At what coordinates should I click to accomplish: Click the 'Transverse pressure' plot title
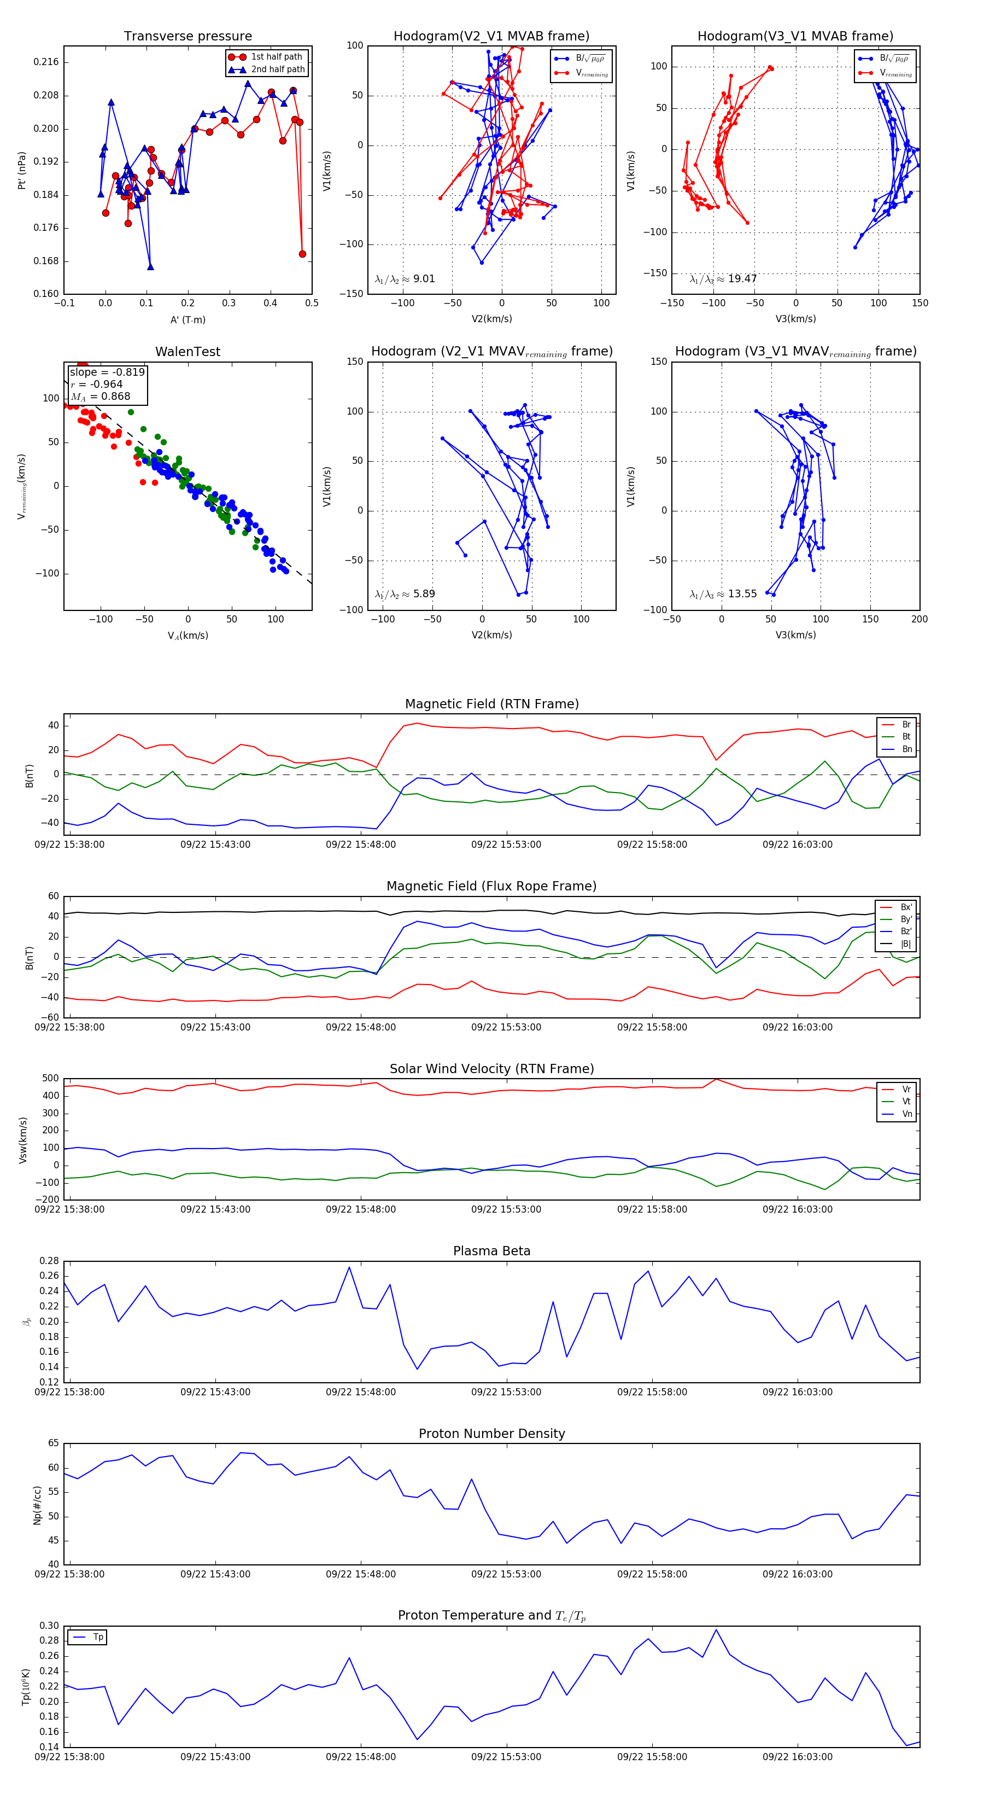click(188, 37)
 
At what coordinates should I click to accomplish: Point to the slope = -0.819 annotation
click(107, 372)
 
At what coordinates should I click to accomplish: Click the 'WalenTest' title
click(188, 352)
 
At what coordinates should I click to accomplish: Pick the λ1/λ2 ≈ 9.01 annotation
click(405, 279)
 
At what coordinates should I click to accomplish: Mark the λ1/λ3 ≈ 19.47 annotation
click(723, 279)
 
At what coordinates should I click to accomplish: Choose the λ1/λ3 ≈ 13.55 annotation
click(723, 594)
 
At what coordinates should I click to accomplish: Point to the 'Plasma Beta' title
click(491, 1251)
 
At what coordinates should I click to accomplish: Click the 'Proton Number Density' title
click(491, 1434)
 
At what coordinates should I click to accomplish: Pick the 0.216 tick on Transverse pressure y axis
click(46, 62)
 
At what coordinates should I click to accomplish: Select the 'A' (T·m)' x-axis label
click(188, 320)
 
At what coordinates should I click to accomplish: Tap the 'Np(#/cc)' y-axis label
click(38, 1505)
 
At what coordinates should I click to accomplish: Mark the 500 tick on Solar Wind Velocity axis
click(50, 1079)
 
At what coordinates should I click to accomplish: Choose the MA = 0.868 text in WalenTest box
click(100, 397)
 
